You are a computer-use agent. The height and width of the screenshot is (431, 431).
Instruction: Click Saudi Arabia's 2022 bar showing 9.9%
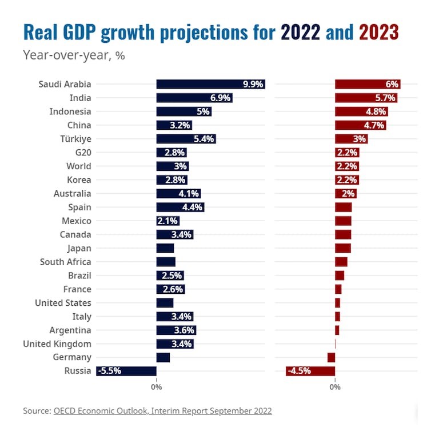pos(210,84)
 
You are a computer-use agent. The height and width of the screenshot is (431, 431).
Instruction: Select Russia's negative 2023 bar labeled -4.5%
pos(310,371)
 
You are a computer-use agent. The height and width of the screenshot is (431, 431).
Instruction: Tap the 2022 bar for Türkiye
pos(186,139)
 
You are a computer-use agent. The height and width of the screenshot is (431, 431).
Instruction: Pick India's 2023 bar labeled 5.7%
pos(366,98)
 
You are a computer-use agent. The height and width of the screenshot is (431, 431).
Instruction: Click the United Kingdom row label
pos(57,344)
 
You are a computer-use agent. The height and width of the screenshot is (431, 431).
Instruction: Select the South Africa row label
pos(66,262)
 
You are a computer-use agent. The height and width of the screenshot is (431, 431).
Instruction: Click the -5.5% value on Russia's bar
pos(109,371)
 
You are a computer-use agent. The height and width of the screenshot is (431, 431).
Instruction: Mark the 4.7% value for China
pos(374,125)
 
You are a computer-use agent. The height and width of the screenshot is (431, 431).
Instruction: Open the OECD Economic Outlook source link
pos(163,410)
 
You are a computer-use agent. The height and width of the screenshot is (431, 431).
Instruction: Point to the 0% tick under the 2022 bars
pos(156,387)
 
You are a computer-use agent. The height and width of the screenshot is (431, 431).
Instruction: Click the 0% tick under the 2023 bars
pos(335,387)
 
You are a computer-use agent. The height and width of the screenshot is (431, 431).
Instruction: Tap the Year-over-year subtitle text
pos(74,55)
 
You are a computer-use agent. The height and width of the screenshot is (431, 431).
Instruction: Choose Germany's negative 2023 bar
pos(331,357)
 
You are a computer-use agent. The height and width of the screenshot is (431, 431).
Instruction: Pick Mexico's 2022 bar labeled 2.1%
pos(168,221)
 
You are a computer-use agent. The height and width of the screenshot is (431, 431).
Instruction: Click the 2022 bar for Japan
pos(165,248)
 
